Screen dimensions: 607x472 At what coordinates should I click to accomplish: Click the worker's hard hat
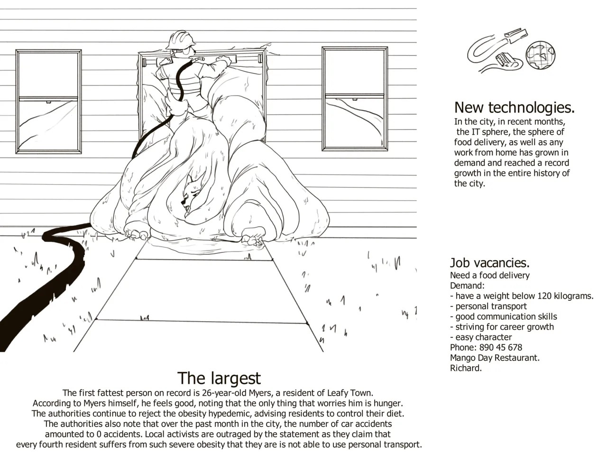tap(180, 40)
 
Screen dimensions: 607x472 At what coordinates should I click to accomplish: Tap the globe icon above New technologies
tap(540, 55)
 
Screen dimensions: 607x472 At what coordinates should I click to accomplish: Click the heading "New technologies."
tap(514, 108)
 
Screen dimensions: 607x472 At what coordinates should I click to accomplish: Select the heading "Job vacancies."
tap(490, 262)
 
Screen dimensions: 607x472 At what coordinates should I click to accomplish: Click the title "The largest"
tap(219, 378)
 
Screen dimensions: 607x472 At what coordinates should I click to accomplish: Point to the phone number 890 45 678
tap(501, 347)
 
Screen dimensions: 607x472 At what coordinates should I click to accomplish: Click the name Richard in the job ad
tap(465, 368)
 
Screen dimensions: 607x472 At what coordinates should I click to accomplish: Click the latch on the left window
tap(48, 102)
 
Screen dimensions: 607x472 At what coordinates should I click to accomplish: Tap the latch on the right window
tap(355, 99)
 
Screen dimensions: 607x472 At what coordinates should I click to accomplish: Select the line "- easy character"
tap(481, 337)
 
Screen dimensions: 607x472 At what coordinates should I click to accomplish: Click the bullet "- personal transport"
tap(488, 306)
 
